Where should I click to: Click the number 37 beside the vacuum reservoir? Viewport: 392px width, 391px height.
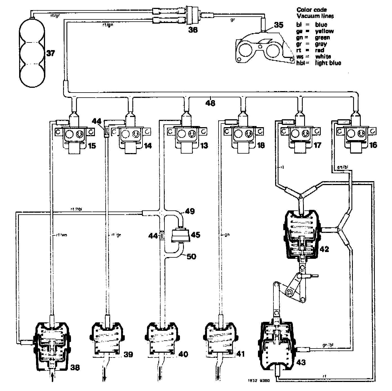(51, 53)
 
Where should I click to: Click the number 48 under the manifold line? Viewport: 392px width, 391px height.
(210, 103)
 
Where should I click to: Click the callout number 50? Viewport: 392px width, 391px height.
(191, 257)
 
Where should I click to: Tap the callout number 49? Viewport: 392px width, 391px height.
(190, 211)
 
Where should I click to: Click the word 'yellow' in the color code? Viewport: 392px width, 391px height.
(324, 31)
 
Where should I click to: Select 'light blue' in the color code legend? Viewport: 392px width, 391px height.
(328, 63)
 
